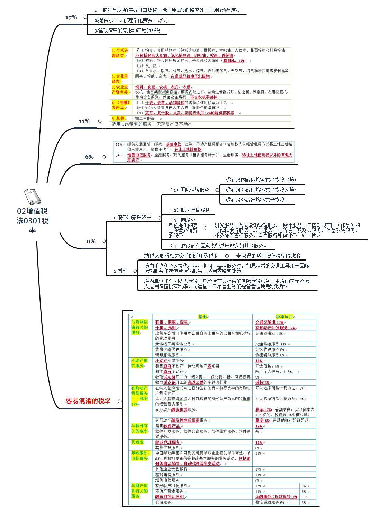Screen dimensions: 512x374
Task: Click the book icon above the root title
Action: tap(32, 196)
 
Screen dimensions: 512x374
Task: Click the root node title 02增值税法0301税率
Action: tap(32, 220)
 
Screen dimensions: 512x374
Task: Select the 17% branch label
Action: tap(71, 17)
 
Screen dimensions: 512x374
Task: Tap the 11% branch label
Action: tap(84, 121)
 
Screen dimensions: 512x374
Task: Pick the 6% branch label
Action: tap(89, 157)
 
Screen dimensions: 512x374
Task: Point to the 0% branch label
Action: tap(91, 241)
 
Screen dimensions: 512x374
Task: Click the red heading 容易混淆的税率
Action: tap(88, 401)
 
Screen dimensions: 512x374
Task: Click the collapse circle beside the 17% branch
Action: tap(85, 17)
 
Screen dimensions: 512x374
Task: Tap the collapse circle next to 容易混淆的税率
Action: tap(119, 401)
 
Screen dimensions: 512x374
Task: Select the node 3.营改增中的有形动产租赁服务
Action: tap(127, 30)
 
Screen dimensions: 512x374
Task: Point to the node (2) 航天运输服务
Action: tap(190, 210)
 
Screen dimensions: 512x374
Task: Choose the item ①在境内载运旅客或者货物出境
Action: tap(261, 180)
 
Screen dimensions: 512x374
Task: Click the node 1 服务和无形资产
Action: tap(132, 218)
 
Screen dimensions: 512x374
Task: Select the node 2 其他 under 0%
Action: tap(120, 271)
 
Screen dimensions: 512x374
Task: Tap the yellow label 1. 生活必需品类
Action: tap(120, 53)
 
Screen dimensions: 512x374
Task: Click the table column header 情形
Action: tap(203, 317)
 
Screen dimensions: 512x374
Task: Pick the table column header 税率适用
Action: tap(284, 317)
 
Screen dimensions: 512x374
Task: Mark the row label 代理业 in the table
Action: tap(137, 442)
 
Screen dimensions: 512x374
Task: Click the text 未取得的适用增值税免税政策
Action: tap(268, 256)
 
